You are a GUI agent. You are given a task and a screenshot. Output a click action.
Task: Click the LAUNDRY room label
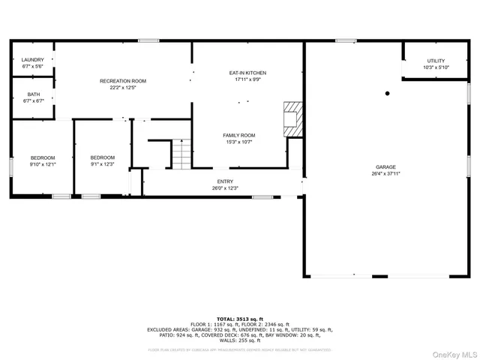(x=32, y=60)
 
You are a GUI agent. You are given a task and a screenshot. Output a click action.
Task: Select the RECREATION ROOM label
(x=123, y=80)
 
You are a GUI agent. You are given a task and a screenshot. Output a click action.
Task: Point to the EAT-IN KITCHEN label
(x=247, y=73)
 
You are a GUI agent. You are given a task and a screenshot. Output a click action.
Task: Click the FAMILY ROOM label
(x=238, y=135)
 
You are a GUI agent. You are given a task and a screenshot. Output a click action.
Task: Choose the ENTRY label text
(x=225, y=181)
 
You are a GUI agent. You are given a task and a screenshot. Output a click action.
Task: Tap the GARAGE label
(x=386, y=167)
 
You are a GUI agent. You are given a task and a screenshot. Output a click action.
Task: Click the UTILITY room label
(x=436, y=60)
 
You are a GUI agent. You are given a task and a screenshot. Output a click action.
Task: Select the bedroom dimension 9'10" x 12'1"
(x=43, y=164)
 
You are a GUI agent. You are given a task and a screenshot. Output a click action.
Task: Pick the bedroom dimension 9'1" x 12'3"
(x=102, y=164)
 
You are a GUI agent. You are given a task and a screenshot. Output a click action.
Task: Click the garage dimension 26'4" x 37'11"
(x=386, y=174)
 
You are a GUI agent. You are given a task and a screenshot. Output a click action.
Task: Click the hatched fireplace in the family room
(x=291, y=118)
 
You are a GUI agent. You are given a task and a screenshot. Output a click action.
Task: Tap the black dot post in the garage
(x=388, y=94)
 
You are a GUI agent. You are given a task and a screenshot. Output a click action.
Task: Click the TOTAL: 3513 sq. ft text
(x=240, y=318)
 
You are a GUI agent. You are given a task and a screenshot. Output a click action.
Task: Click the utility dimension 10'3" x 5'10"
(x=436, y=67)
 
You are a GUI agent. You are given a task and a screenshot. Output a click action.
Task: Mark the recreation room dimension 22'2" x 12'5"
(x=123, y=88)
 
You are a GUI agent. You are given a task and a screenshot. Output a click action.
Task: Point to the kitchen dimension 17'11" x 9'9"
(x=247, y=79)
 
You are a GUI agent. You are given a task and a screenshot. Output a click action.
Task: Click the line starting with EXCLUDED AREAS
(x=240, y=329)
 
